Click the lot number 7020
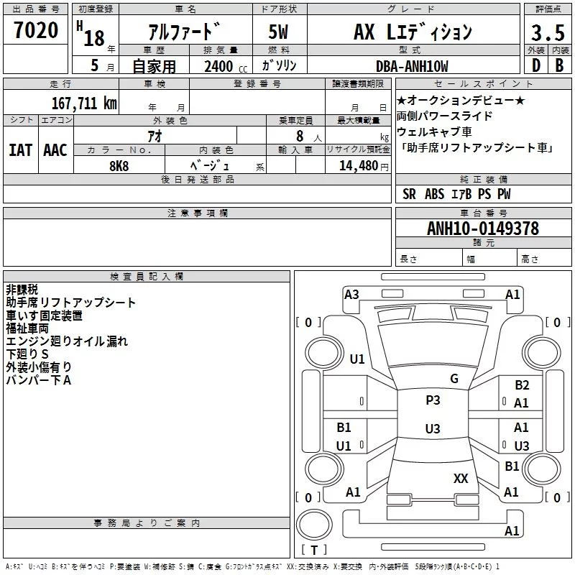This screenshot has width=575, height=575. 36,30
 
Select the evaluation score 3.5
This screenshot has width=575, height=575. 548,33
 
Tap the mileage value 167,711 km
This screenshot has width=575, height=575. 84,103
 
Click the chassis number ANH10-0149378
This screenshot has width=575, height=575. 483,229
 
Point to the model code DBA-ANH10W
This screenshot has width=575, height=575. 412,66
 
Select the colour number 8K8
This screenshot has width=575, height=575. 119,166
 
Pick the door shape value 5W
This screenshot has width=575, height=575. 278,32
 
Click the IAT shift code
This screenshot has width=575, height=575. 21,150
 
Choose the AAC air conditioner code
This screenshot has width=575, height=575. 55,150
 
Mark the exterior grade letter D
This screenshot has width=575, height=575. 536,65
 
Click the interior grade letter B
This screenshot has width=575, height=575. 559,65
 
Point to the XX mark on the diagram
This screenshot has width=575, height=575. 461,479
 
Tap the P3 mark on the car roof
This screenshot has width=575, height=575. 433,400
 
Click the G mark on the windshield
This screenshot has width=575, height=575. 454,379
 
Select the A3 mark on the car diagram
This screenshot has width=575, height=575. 351,295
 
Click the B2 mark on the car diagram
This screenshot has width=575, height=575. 522,385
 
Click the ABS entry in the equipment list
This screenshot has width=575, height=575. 435,194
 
